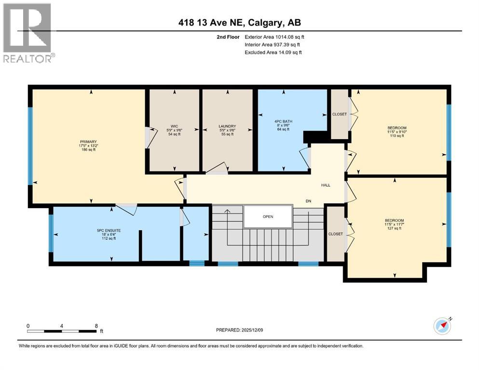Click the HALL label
coord(326,185)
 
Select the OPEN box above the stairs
coord(268,216)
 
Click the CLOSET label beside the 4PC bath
coord(339,114)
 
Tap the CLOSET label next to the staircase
coord(335,234)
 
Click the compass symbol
coord(442,326)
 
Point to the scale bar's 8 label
coord(97,326)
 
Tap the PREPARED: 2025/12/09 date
coord(240,330)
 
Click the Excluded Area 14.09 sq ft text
coord(273,52)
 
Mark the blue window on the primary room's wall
coord(30,145)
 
